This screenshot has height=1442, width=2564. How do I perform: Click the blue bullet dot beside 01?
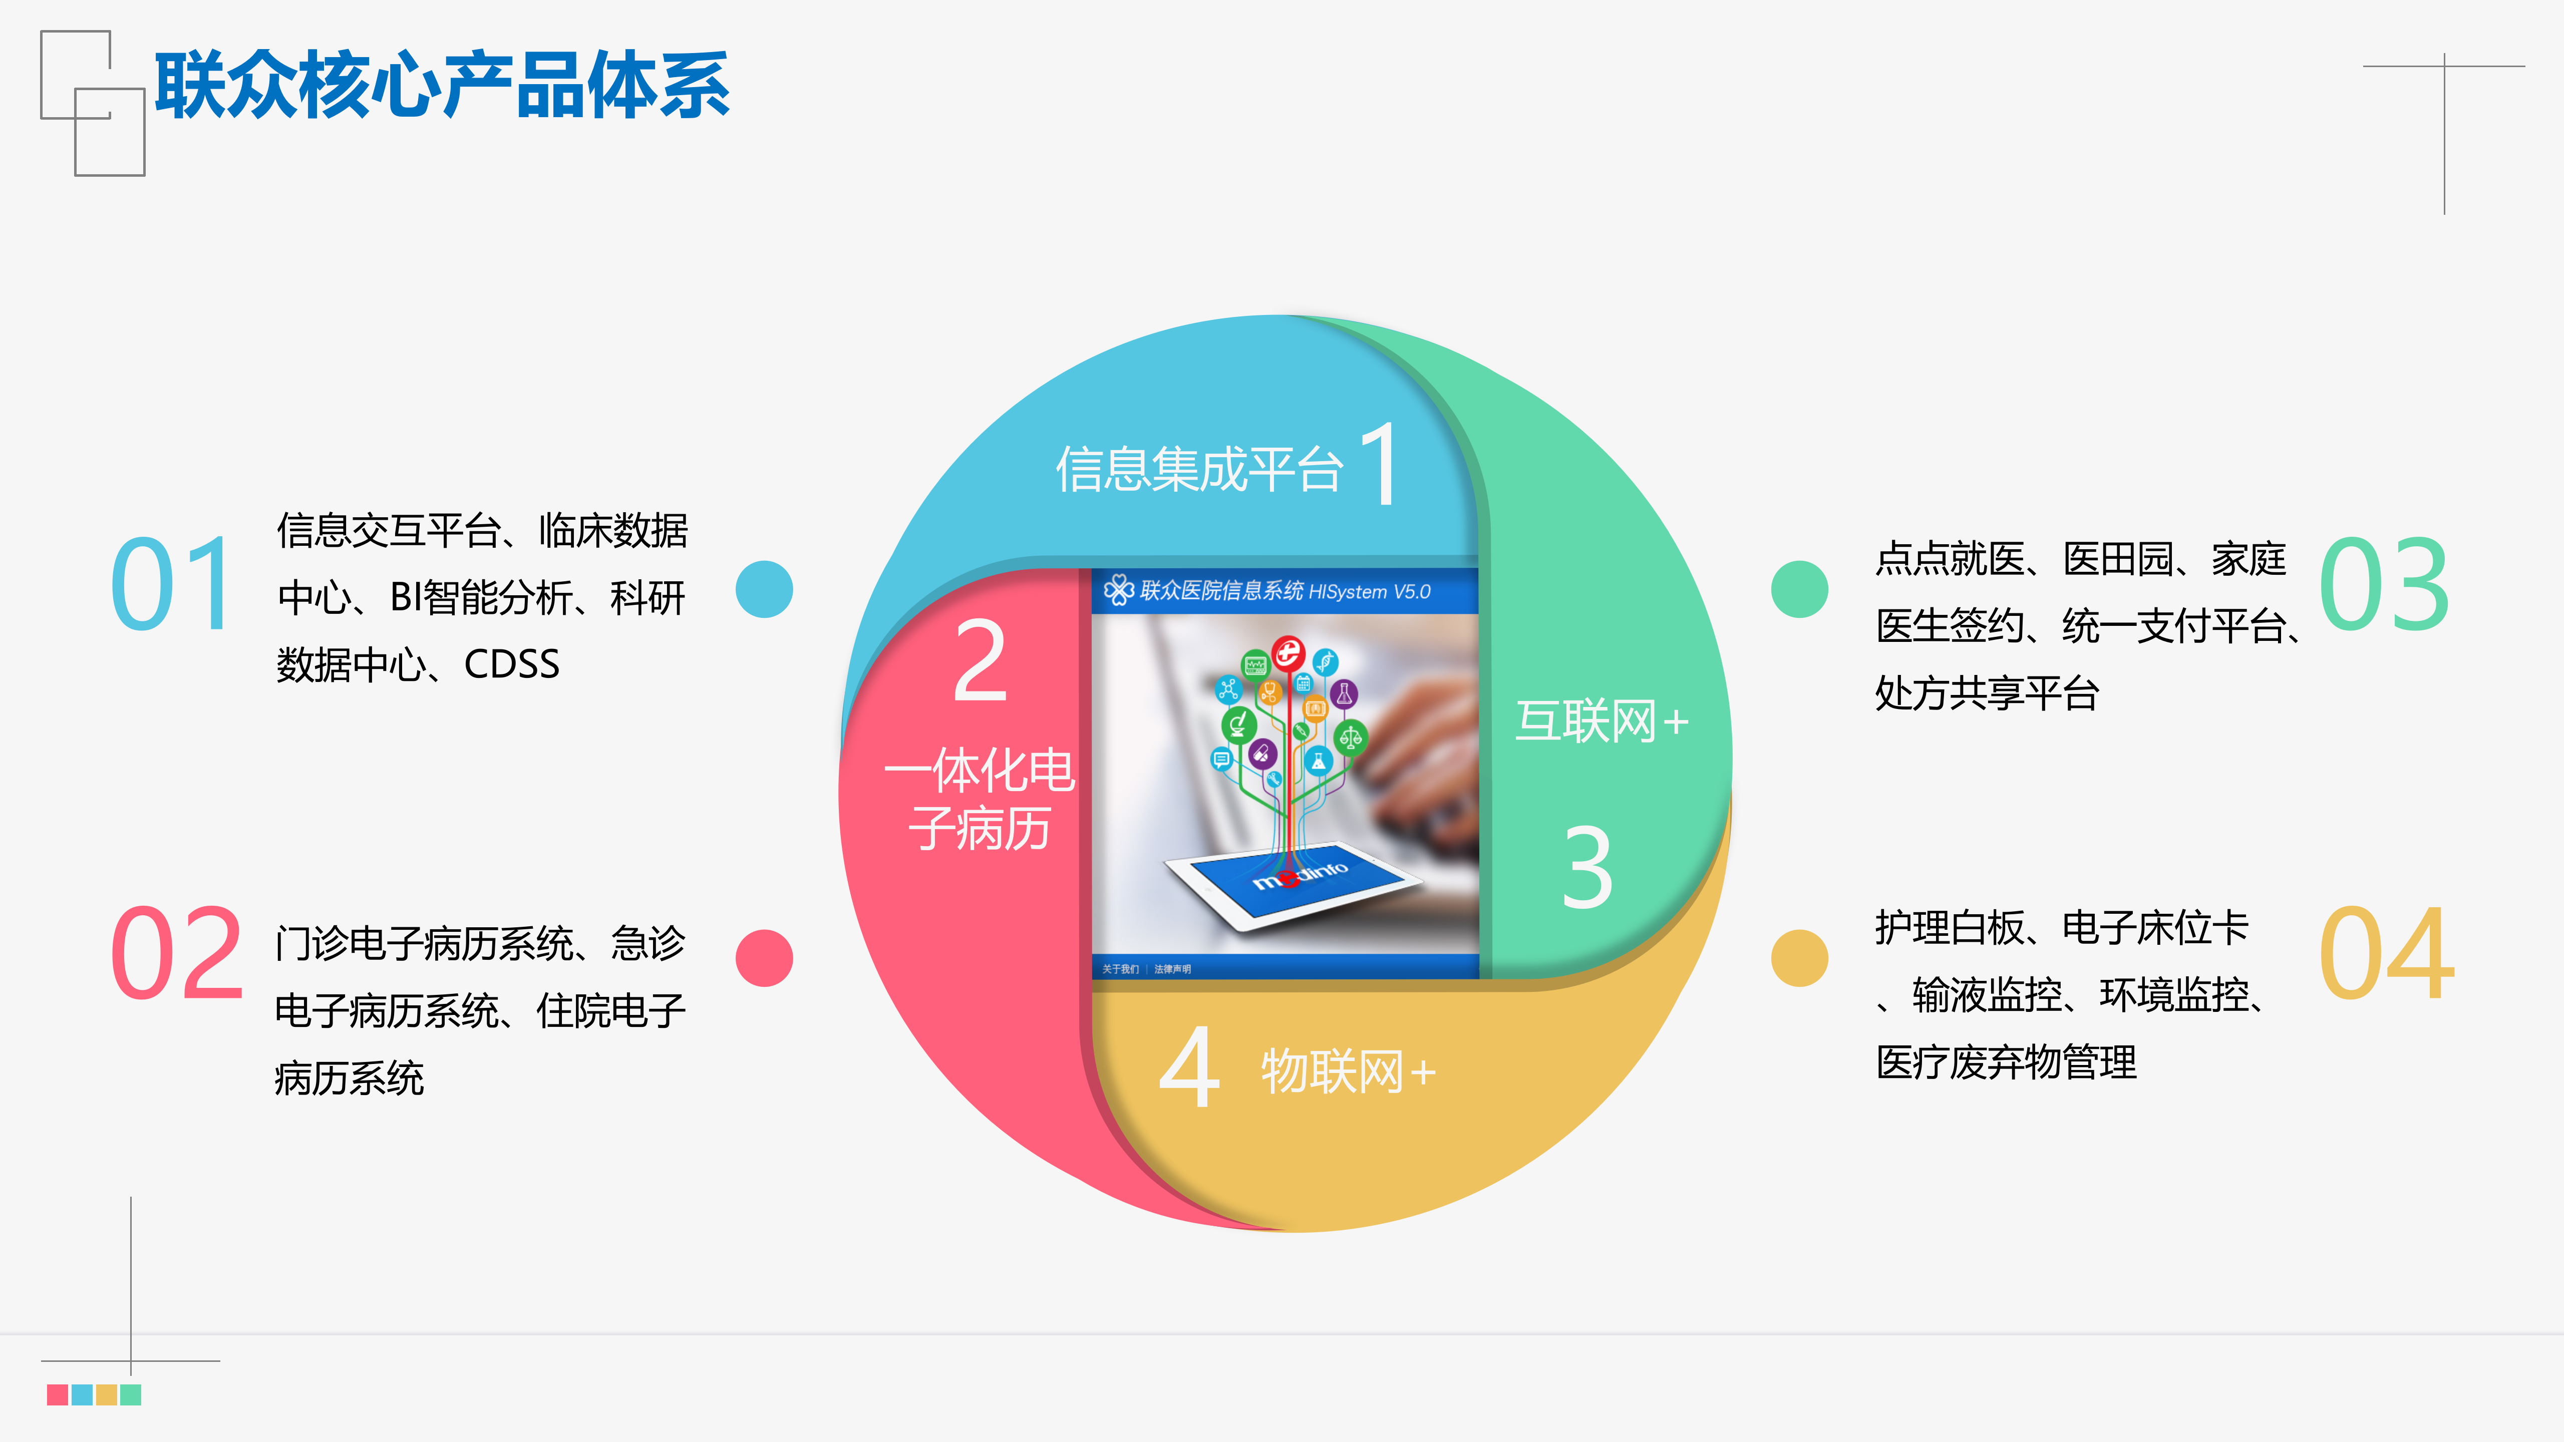click(x=763, y=589)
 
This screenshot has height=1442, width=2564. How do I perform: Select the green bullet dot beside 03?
click(x=1800, y=589)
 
